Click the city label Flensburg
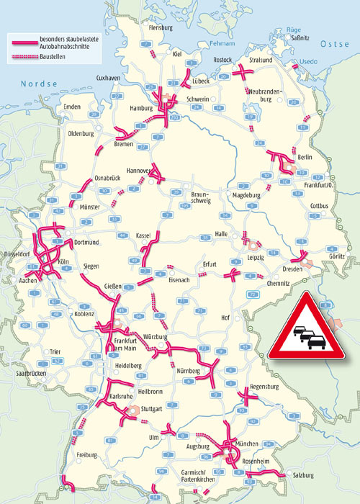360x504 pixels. pos(161,27)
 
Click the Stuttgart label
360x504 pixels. pos(153,408)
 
